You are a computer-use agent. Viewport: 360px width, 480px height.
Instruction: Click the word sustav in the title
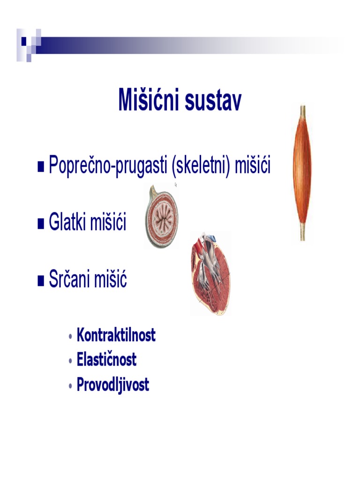tap(213, 101)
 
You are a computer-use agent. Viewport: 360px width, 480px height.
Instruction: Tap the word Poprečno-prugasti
tap(108, 165)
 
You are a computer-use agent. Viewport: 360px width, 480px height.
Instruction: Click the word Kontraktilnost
tap(116, 335)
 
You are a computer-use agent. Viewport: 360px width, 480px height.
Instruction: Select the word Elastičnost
tap(106, 359)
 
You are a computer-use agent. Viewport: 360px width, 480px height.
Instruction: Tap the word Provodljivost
tap(112, 384)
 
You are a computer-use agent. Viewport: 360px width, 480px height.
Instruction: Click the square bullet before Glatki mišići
tap(41, 224)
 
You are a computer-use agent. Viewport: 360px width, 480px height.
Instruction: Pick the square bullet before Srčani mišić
tap(41, 281)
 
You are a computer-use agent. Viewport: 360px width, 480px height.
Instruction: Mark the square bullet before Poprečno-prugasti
tap(41, 167)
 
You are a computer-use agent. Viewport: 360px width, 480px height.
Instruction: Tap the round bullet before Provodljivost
tap(71, 386)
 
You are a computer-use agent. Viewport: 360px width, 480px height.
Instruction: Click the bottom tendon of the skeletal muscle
tap(302, 232)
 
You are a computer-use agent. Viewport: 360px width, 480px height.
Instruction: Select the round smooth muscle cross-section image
tap(161, 217)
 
